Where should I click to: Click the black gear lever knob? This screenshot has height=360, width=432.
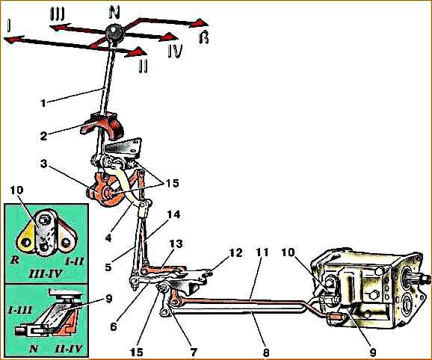[x=115, y=34]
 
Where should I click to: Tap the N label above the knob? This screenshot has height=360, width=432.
[x=114, y=13]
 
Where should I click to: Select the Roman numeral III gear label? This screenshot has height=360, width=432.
[x=57, y=13]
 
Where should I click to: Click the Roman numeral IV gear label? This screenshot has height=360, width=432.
[x=175, y=52]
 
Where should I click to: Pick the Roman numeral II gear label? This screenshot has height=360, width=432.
[x=143, y=66]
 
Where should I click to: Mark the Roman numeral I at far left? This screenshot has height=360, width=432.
[x=9, y=25]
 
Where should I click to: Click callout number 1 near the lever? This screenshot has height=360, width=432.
[x=43, y=103]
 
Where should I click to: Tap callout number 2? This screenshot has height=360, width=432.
[x=43, y=136]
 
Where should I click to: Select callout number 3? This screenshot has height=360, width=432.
[x=43, y=164]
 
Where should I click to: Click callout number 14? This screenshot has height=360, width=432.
[x=173, y=214]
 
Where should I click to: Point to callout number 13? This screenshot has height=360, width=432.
[x=176, y=243]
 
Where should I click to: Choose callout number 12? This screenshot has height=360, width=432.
[x=235, y=252]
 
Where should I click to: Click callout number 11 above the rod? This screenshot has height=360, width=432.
[x=262, y=252]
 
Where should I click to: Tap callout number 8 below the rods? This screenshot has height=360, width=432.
[x=265, y=353]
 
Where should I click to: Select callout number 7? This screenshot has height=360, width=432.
[x=193, y=352]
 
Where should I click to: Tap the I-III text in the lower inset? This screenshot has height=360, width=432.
[x=20, y=310]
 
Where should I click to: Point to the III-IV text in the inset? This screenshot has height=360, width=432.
[x=46, y=274]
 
